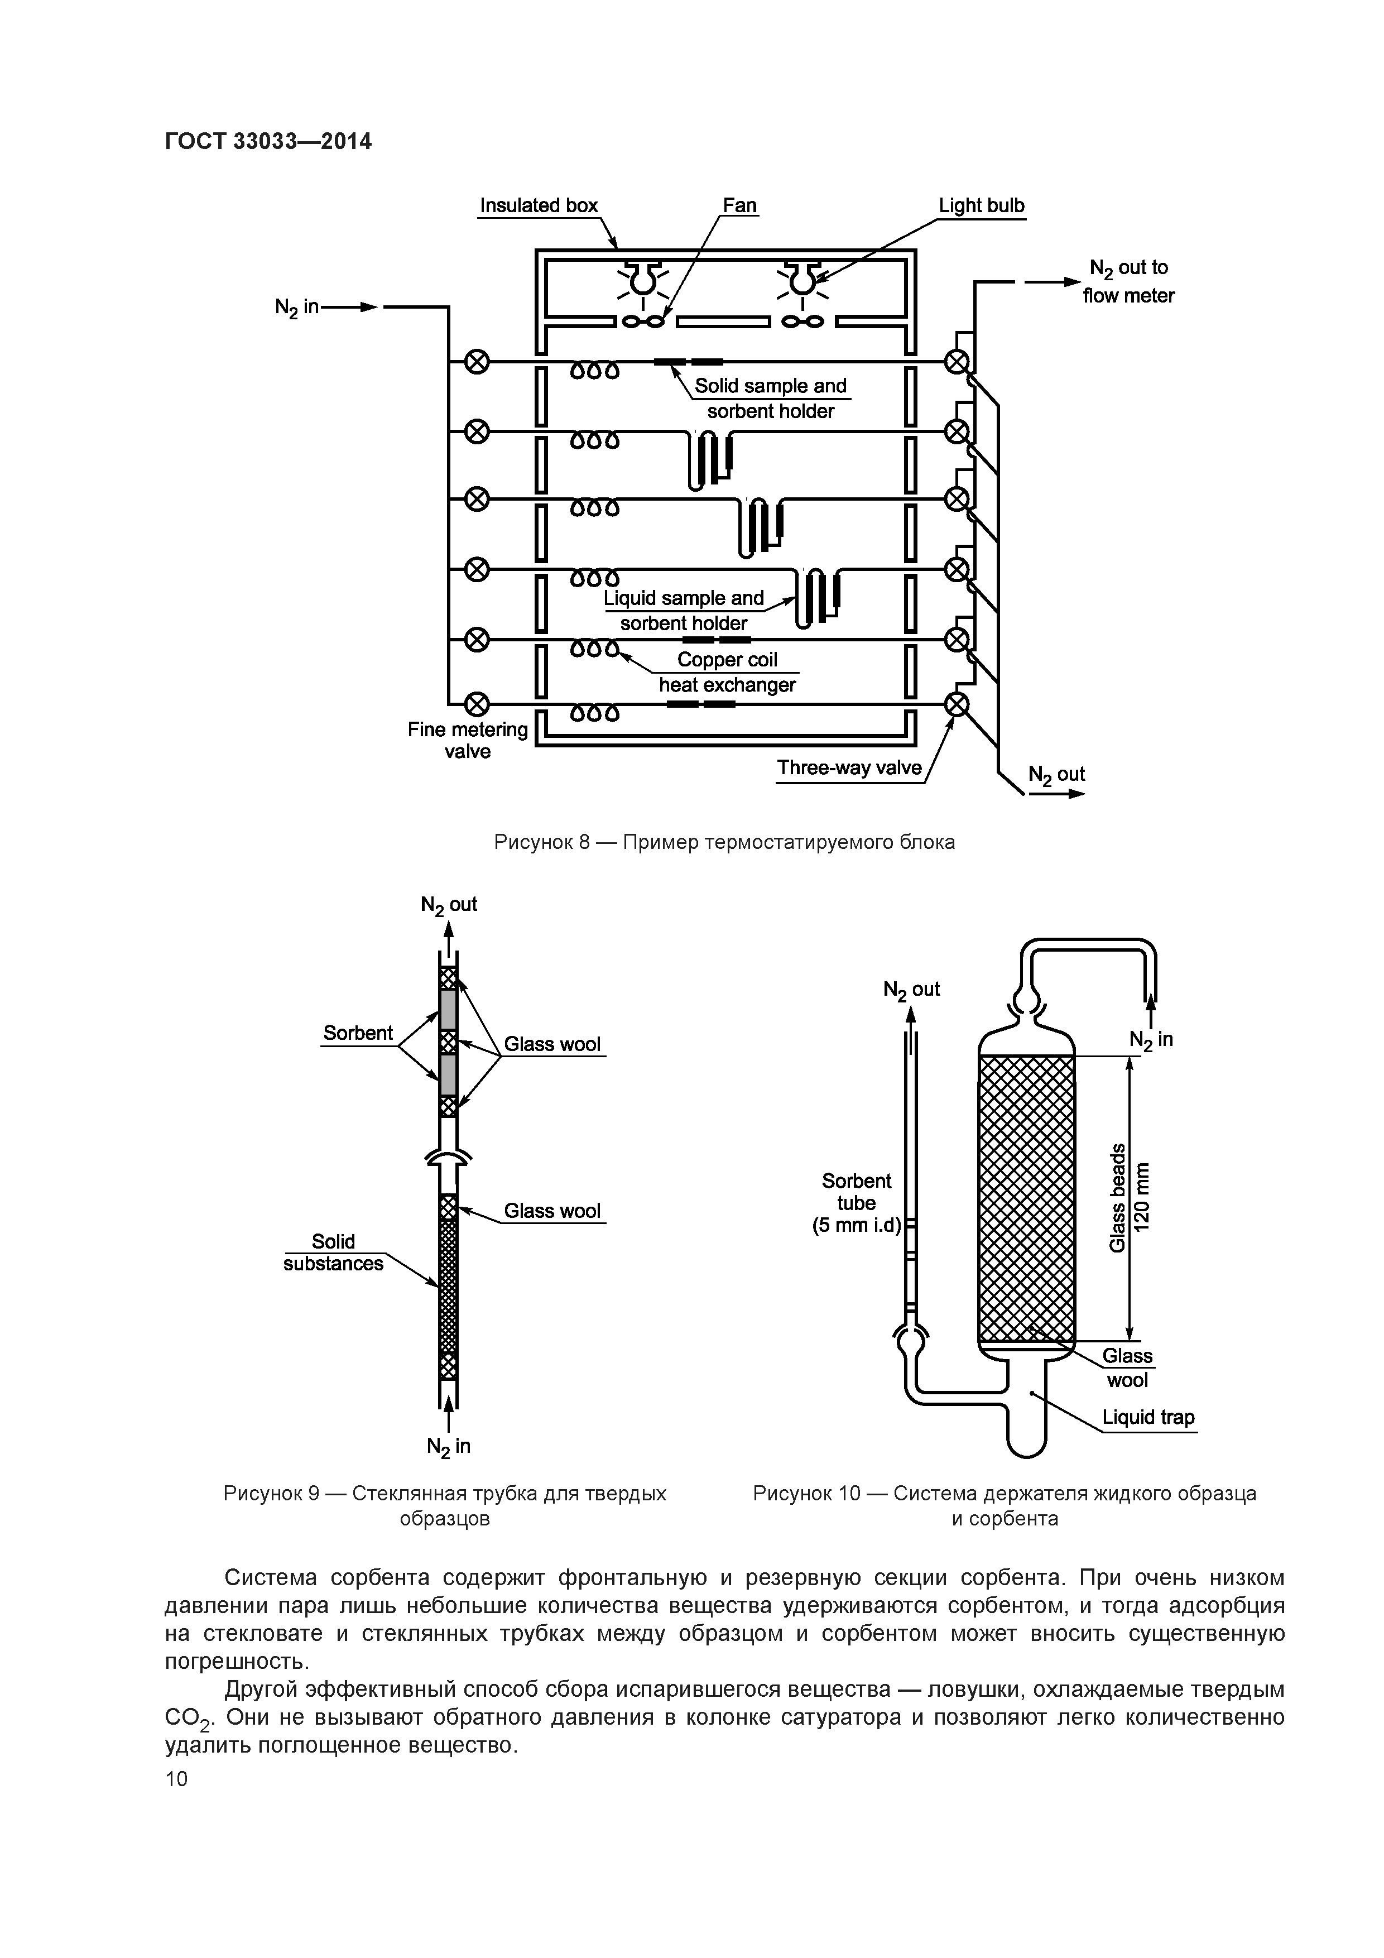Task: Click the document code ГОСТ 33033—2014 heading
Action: coord(268,141)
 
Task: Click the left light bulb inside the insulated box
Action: coord(642,279)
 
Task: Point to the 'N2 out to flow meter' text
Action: coord(1128,281)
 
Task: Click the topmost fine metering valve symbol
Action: coord(477,362)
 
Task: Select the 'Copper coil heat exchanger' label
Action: coord(727,672)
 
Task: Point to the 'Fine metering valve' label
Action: coord(467,740)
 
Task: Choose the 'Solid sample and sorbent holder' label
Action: coord(770,399)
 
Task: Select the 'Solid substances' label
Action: coord(333,1252)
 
